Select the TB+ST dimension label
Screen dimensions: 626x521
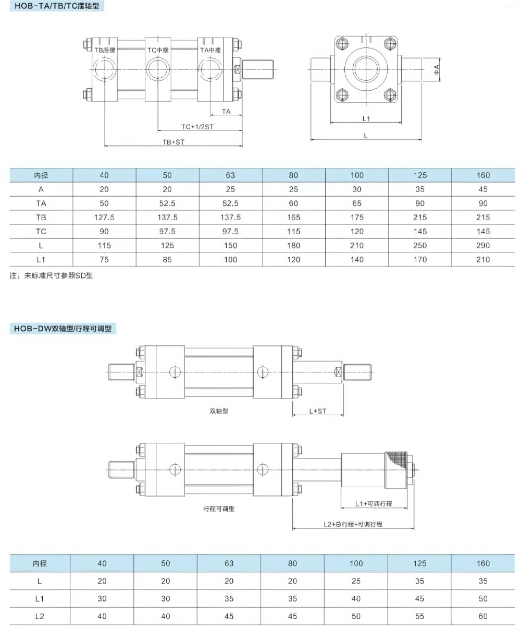click(173, 142)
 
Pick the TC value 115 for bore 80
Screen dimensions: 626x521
click(294, 232)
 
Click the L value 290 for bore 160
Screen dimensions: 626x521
click(483, 246)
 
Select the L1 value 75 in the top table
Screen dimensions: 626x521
click(104, 259)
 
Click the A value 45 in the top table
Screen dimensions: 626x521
click(483, 189)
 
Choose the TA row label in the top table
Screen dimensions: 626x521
click(41, 203)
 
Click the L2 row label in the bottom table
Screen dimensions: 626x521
click(40, 616)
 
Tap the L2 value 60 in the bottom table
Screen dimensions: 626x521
click(483, 616)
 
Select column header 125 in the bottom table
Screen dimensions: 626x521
click(419, 563)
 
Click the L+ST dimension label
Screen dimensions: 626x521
click(317, 411)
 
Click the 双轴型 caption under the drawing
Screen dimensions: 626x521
click(219, 411)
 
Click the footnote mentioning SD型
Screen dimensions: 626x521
click(51, 276)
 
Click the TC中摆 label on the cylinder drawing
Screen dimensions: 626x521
click(158, 50)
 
